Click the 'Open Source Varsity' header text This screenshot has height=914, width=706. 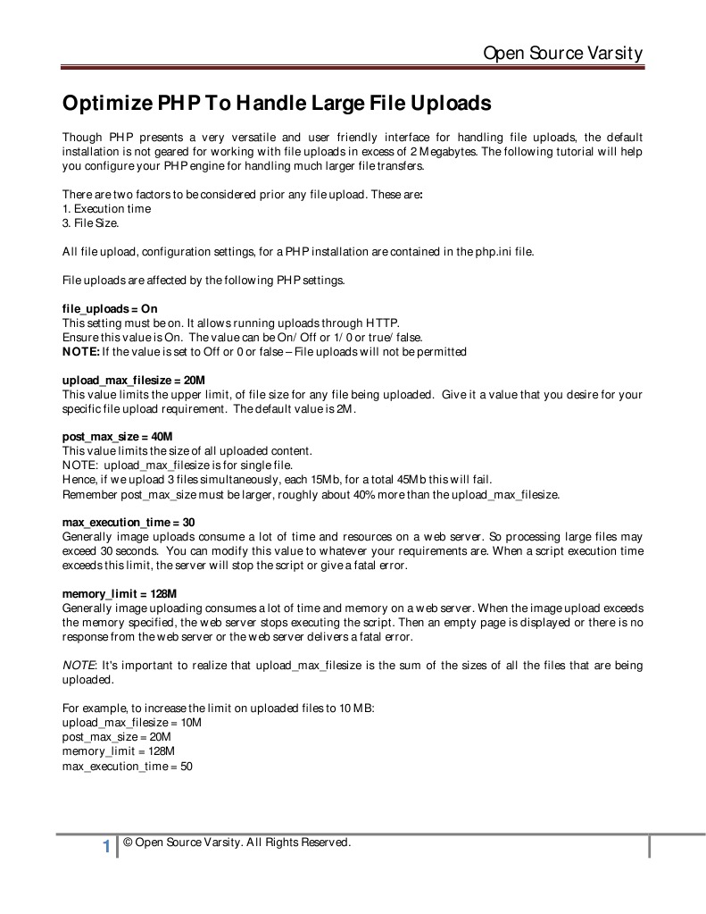[562, 54]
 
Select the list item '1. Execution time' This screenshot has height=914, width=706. [106, 208]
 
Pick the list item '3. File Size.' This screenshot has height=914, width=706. [90, 222]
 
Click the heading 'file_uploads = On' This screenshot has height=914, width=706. [109, 308]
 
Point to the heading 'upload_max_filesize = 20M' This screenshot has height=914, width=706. [133, 380]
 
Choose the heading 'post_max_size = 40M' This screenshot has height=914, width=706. [117, 437]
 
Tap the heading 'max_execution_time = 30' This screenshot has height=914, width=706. [129, 523]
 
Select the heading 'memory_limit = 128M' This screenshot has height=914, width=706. [120, 593]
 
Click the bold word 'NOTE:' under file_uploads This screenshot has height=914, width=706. [80, 351]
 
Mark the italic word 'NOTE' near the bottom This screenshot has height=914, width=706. [79, 666]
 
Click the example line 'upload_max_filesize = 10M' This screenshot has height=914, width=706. [132, 722]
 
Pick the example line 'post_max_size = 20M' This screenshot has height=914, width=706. [116, 737]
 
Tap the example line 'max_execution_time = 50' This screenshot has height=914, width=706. [128, 766]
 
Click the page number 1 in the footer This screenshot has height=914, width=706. [106, 846]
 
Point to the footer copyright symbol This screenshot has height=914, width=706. [129, 842]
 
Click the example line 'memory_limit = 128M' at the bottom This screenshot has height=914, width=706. [119, 751]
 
